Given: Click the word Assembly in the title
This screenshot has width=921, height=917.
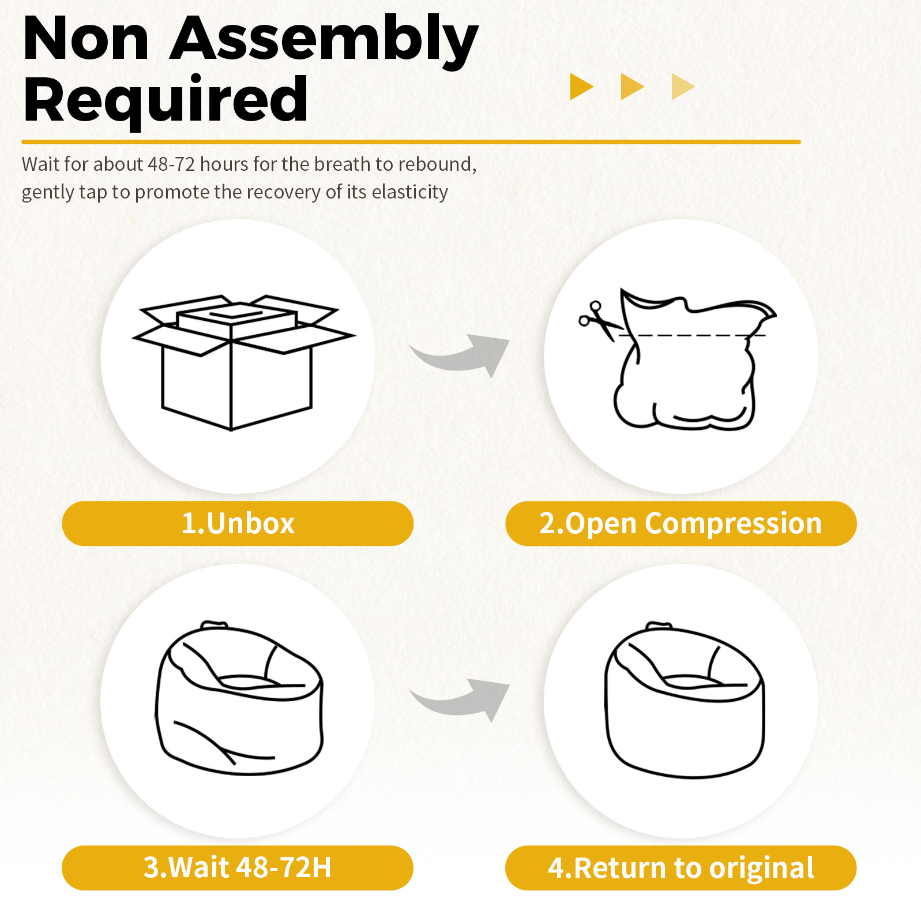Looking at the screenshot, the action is (x=324, y=40).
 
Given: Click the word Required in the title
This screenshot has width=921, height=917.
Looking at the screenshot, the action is (x=166, y=99).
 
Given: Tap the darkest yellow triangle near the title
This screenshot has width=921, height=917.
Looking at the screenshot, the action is (x=581, y=87).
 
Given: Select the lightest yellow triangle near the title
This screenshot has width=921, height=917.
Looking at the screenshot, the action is (x=683, y=87).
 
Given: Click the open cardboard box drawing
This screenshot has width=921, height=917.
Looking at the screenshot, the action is (x=243, y=363).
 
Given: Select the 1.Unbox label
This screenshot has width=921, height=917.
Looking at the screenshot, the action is (x=238, y=523).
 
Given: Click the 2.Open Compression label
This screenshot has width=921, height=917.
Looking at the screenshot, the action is (x=681, y=523).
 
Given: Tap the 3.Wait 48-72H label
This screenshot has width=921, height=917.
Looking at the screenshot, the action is (x=238, y=867).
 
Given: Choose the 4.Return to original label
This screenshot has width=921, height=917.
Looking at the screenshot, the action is (x=681, y=867).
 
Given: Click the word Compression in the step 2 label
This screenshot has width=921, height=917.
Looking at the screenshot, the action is (x=733, y=524).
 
